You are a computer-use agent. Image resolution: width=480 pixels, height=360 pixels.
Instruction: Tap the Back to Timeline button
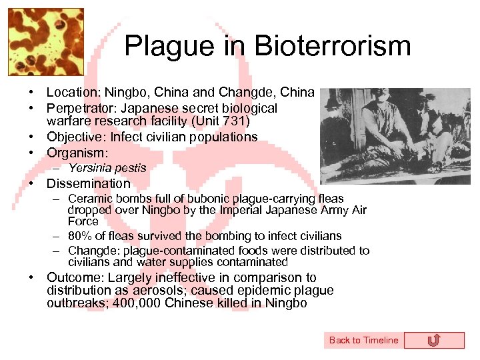click(x=363, y=340)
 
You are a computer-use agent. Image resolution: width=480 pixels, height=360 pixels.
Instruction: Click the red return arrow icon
click(x=433, y=341)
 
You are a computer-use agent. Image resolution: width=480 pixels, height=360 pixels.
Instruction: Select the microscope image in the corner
click(x=45, y=41)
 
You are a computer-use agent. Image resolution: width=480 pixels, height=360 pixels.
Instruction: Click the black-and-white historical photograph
click(x=395, y=137)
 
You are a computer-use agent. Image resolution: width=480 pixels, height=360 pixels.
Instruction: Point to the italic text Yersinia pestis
click(x=107, y=168)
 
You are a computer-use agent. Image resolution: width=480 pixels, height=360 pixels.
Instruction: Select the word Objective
click(x=73, y=137)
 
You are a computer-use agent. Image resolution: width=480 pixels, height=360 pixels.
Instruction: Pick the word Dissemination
click(x=88, y=183)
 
